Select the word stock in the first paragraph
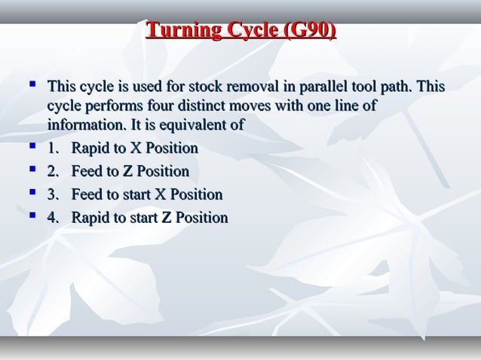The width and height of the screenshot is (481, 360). [x=216, y=87]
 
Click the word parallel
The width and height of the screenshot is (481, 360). [x=329, y=87]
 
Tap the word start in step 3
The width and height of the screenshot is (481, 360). [x=136, y=195]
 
